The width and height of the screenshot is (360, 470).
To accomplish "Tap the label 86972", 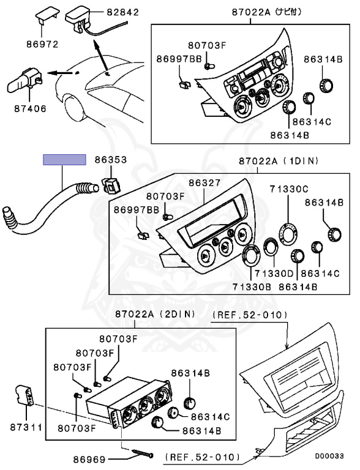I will tap(42, 45).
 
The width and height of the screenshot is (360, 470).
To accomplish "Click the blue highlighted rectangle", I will tap(64, 160).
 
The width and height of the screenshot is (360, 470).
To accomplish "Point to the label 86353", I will tap(110, 160).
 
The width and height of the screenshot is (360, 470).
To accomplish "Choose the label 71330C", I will tap(290, 188).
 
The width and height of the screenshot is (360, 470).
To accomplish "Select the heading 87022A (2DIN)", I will tap(154, 314).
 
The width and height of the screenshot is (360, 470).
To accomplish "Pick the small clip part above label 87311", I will tap(25, 395).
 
